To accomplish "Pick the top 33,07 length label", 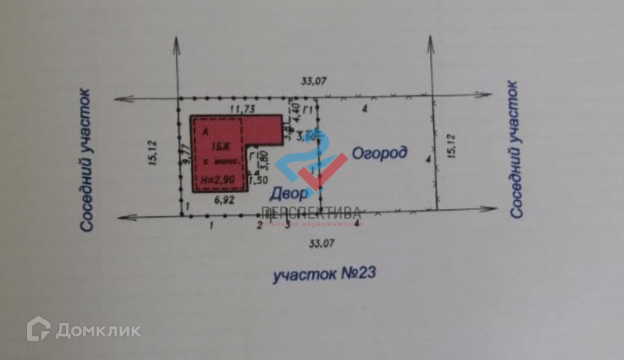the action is (313, 81).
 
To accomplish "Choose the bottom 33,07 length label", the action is (320, 244).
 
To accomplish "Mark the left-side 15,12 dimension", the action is (156, 154).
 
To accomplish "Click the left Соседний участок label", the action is (86, 160).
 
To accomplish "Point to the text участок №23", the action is (324, 274).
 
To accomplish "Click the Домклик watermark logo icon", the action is (38, 329).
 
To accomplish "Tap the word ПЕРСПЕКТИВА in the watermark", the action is (311, 212).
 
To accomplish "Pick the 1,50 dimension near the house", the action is (258, 180).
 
